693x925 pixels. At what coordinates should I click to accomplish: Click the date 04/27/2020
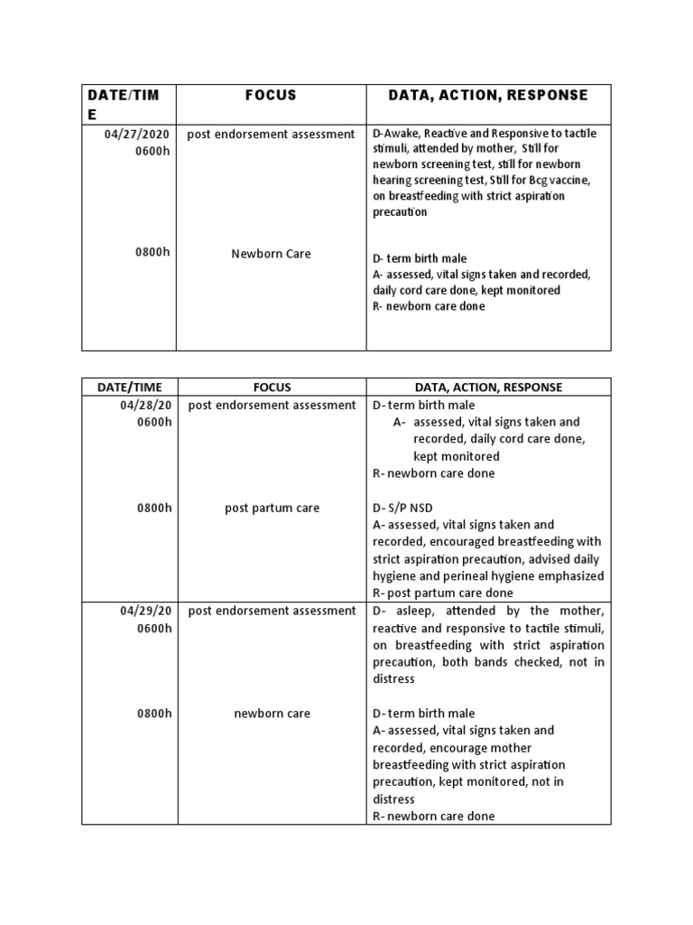(136, 134)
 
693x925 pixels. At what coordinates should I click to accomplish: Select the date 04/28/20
(146, 405)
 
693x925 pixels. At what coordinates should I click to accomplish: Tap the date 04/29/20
(146, 611)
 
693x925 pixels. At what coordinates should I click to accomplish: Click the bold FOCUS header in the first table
(271, 95)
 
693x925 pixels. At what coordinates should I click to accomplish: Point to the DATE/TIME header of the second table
(129, 387)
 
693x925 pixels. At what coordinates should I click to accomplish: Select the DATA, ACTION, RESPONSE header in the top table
(487, 95)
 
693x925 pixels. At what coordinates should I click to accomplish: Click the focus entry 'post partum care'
(272, 508)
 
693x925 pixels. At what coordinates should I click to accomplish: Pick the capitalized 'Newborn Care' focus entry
(271, 254)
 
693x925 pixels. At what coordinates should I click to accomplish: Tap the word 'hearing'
(393, 180)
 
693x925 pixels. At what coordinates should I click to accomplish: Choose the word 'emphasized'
(571, 576)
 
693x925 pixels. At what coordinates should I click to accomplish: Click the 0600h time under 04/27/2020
(152, 151)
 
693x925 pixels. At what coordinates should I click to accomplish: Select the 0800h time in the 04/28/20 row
(154, 508)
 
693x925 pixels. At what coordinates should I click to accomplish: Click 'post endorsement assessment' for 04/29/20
(272, 611)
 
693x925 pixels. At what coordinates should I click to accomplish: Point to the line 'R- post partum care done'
(443, 593)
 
